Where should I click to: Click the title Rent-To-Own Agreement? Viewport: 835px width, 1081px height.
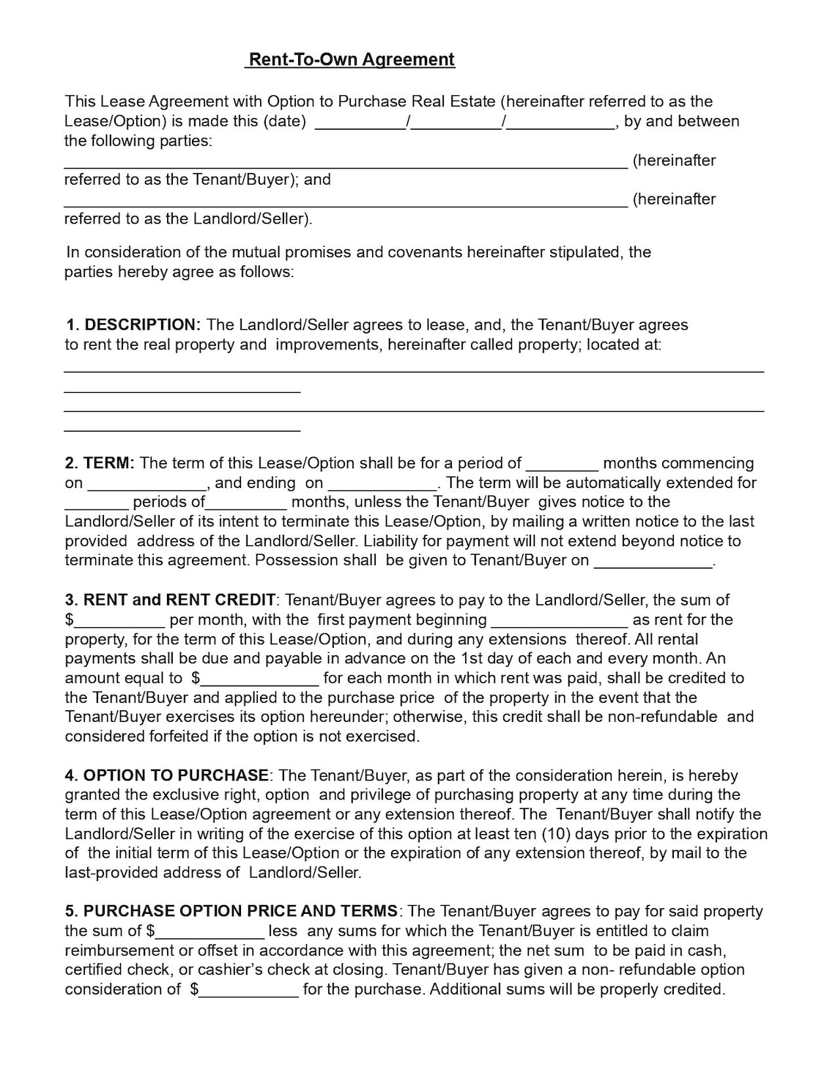(350, 60)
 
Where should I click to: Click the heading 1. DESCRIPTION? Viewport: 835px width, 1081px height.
(133, 325)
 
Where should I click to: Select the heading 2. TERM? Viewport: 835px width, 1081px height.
(100, 463)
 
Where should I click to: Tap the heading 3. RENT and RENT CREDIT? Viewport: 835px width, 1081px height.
(170, 600)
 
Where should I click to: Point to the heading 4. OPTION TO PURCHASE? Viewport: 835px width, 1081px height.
(167, 775)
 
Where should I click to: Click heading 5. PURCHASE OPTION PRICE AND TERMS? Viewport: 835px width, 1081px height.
(231, 911)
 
